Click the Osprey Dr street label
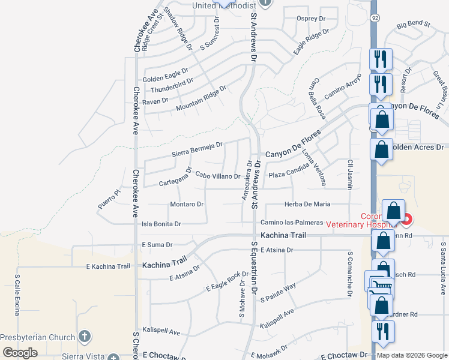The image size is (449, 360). point(311,18)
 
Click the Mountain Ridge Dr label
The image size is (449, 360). point(200,99)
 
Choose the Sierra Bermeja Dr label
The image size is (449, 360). point(197,149)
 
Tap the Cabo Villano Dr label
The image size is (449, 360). point(218,176)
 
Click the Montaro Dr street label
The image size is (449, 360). point(187,204)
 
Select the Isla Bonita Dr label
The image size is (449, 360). point(161,224)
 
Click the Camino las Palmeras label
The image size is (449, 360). point(291,223)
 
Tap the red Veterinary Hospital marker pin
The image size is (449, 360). point(407,220)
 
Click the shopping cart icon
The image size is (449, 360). point(379,288)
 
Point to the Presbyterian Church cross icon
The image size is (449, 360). point(85,337)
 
